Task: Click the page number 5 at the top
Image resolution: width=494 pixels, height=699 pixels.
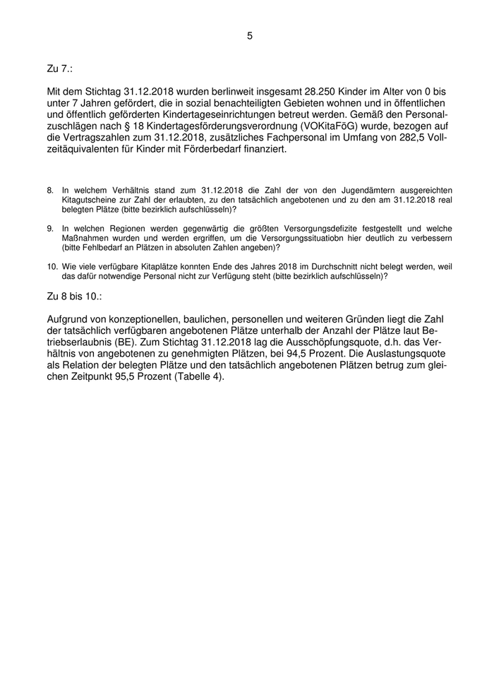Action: [249, 35]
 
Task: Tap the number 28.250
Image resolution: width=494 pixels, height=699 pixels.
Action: [312, 92]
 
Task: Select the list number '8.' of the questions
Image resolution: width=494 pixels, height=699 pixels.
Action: [51, 191]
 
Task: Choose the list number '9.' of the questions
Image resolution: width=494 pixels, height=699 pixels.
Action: [51, 229]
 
